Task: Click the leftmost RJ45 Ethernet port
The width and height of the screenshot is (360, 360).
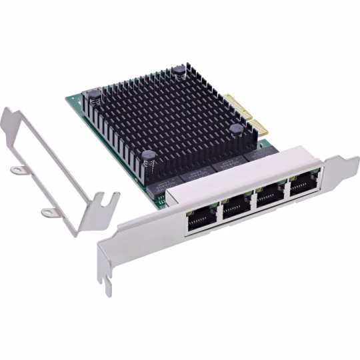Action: pyautogui.click(x=201, y=217)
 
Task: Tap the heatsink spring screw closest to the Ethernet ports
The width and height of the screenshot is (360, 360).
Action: pyautogui.click(x=150, y=159)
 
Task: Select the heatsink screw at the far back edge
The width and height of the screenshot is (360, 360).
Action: pyautogui.click(x=179, y=73)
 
